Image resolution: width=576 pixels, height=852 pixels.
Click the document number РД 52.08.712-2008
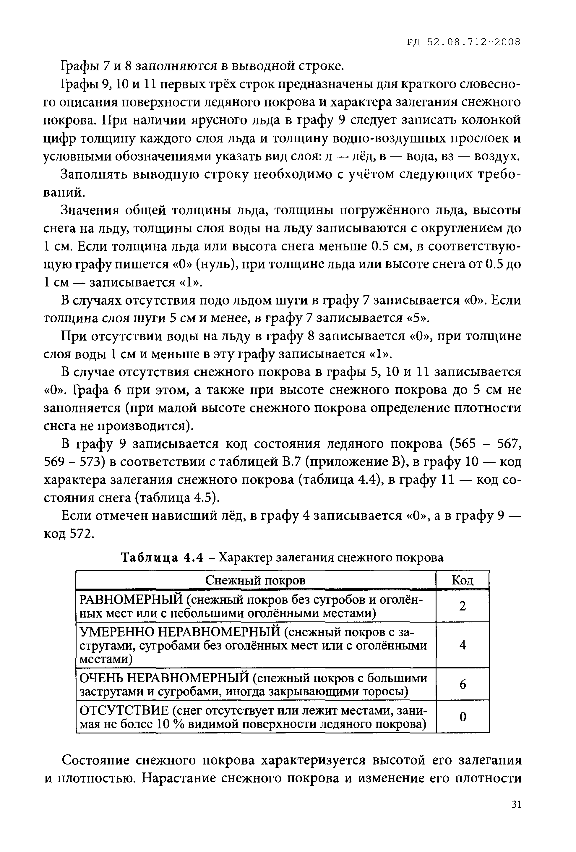463,43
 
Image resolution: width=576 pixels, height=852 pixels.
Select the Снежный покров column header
255,580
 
